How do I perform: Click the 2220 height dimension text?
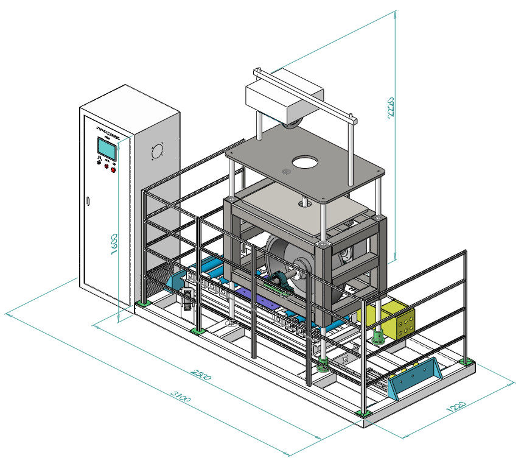[x=391, y=108]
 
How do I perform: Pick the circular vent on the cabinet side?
[x=156, y=150]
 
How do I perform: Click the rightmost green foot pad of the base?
[x=467, y=361]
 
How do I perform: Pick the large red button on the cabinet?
[x=114, y=169]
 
